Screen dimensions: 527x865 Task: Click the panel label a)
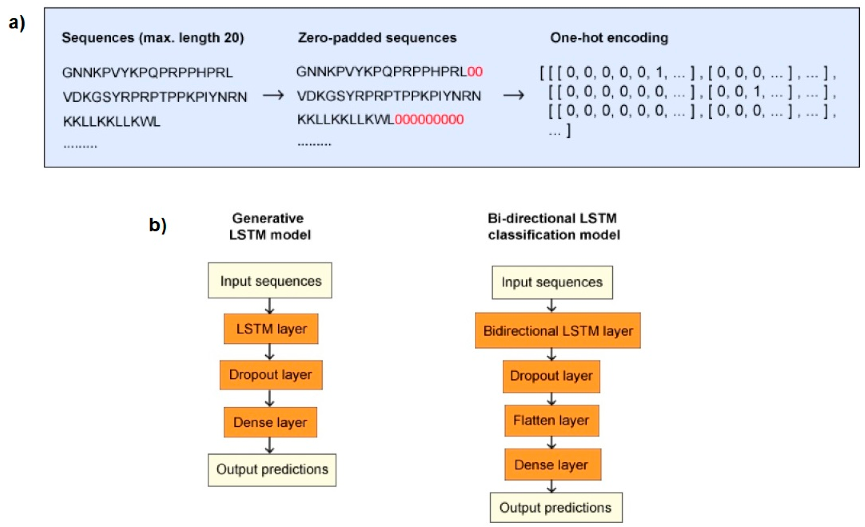coord(16,24)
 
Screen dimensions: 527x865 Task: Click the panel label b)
coord(158,225)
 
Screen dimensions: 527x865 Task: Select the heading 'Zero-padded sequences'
coord(377,37)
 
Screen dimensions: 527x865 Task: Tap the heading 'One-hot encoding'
coord(609,37)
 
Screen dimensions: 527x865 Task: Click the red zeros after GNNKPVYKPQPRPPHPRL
coord(475,71)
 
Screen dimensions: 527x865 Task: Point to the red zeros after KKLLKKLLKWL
coord(429,120)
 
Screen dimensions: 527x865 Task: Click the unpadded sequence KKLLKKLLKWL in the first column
coord(112,121)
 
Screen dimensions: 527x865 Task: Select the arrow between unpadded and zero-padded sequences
coord(273,95)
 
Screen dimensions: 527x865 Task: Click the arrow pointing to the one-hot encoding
coord(514,95)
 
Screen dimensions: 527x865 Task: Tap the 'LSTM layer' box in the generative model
coord(271,329)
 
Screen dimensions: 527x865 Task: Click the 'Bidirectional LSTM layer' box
coord(557,330)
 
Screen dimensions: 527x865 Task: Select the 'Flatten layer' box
coord(551,420)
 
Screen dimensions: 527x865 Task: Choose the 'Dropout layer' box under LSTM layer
coord(271,375)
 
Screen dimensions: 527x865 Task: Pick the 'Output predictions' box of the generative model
coord(272,470)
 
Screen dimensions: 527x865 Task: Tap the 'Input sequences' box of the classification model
coord(552,283)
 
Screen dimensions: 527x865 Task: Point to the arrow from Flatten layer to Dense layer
coord(551,442)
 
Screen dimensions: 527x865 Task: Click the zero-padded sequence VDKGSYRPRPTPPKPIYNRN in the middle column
coord(389,96)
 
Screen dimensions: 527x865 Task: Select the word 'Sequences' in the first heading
coord(98,37)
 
